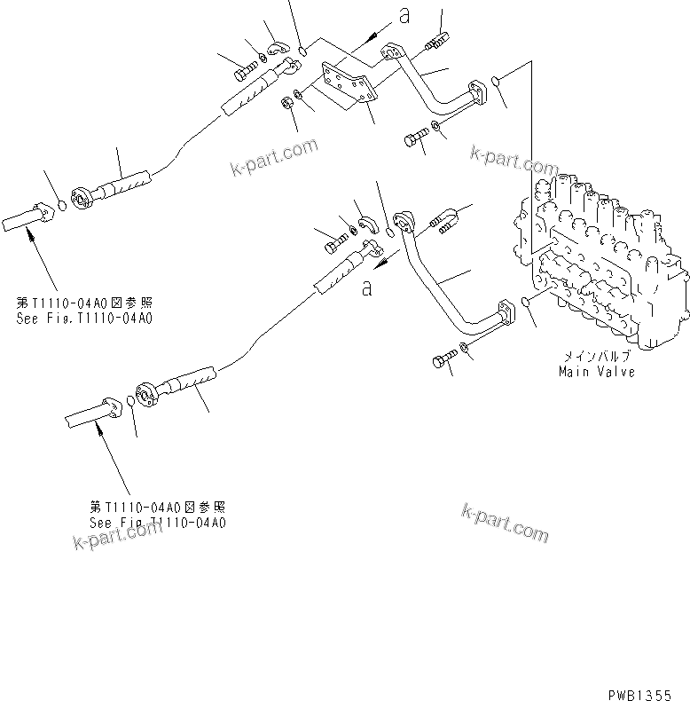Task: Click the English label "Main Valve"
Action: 596,372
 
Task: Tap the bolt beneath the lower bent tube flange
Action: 443,360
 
